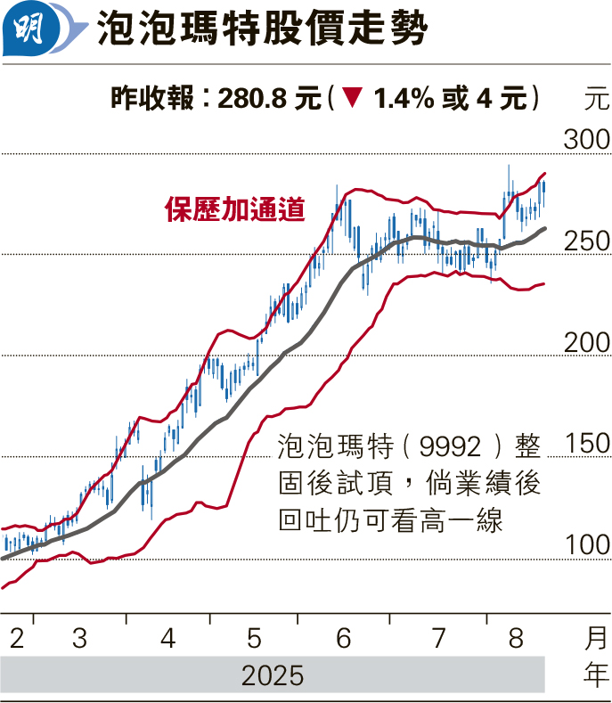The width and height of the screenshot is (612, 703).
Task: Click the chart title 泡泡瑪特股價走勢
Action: [261, 31]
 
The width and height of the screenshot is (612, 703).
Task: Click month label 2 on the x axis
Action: [17, 638]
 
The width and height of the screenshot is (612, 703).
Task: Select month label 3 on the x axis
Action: [79, 638]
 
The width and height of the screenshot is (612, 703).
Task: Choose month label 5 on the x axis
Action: [255, 638]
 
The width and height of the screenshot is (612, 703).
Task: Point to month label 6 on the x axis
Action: [344, 638]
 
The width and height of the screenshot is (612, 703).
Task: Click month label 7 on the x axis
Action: [438, 638]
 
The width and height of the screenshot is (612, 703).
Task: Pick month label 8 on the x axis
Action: [517, 638]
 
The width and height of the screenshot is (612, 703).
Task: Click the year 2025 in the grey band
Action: [273, 675]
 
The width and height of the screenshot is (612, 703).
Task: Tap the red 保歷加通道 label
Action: [235, 209]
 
